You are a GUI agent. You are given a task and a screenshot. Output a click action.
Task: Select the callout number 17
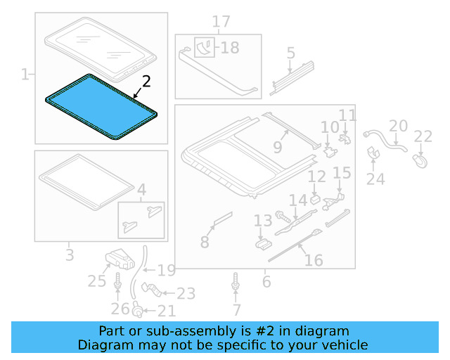[221, 22]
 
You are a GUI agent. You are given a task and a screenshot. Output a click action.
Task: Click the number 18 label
[229, 48]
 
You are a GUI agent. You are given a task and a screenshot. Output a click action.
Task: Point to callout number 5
[290, 53]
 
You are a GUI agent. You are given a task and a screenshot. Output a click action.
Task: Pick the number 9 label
[277, 148]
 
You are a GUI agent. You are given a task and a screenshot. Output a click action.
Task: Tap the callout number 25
[96, 282]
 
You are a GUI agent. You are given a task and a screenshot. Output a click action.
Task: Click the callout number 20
[398, 126]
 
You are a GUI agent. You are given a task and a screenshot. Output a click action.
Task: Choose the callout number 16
[314, 261]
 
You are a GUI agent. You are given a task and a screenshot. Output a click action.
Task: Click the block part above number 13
[263, 243]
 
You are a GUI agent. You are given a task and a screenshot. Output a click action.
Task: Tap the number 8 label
[205, 243]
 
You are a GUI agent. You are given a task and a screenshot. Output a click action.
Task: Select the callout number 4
[141, 190]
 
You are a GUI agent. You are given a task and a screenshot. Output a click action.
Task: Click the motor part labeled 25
[119, 259]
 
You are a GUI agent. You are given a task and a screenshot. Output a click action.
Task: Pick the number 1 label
[25, 74]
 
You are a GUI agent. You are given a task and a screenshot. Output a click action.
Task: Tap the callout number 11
[347, 115]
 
